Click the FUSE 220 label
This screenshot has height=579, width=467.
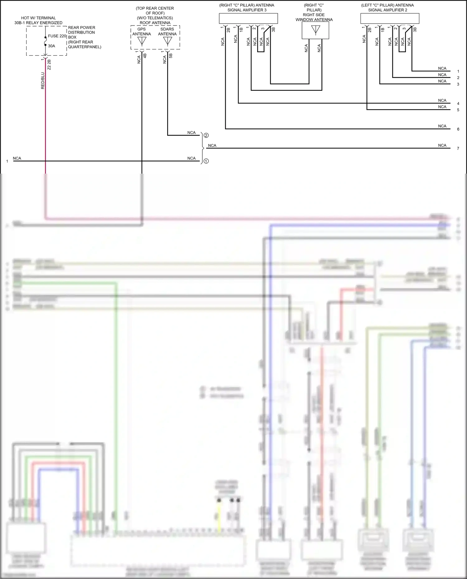pos(57,36)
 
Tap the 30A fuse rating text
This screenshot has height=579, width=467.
pos(51,46)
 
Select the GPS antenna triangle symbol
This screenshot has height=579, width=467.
pos(142,41)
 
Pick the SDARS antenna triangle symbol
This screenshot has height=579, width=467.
pos(167,41)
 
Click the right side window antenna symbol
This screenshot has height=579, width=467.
pos(315,30)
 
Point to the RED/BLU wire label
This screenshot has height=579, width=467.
pos(43,81)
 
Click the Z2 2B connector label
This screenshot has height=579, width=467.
pos(49,64)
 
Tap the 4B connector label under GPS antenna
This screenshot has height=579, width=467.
pos(145,56)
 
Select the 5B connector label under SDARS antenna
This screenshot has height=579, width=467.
pos(171,56)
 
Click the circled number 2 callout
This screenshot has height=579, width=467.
pos(206,135)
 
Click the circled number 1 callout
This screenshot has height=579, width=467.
pos(206,161)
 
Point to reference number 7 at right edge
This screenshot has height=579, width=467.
pos(458,148)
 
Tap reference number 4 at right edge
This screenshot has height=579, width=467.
pos(458,104)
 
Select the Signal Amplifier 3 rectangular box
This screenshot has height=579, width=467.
pos(248,18)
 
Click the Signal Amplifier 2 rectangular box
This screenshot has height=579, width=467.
pos(389,18)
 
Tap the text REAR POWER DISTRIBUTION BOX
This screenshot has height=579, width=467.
pos(82,32)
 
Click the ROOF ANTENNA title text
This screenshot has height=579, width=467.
pos(155,23)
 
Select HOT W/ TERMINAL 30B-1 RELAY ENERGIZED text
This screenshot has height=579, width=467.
pos(38,20)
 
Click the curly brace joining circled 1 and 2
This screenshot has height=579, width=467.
pos(202,148)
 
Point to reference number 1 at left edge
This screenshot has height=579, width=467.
pos(7,161)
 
